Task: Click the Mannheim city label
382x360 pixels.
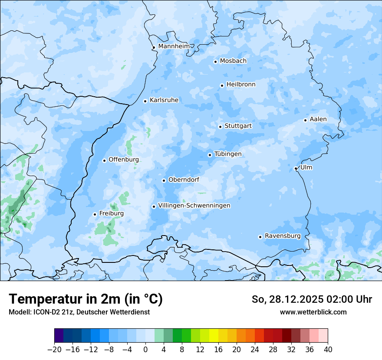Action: [x=174, y=46]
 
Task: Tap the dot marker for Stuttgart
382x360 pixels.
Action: [x=220, y=127]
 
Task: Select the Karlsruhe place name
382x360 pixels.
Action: [x=164, y=100]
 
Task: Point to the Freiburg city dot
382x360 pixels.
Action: [x=95, y=214]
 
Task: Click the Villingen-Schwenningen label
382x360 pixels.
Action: [x=194, y=206]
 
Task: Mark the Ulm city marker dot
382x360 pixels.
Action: [x=296, y=168]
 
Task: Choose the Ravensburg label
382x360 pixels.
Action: [x=283, y=236]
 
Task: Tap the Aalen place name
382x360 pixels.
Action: [x=318, y=119]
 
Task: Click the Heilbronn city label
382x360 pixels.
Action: [x=241, y=85]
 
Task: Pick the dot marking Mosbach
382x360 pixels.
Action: [x=215, y=62]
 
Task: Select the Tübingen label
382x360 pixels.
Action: [x=228, y=154]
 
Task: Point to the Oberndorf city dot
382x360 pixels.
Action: [x=164, y=180]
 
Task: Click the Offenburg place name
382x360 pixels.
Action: [x=124, y=160]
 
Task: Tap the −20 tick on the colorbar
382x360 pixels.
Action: [x=54, y=350]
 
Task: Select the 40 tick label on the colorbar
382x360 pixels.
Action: [x=328, y=350]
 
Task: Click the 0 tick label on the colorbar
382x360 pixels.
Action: [x=145, y=350]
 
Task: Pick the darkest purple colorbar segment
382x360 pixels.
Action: [x=59, y=336]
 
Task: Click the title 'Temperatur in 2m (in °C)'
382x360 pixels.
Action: [x=86, y=299]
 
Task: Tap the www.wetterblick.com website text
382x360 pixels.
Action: [x=313, y=312]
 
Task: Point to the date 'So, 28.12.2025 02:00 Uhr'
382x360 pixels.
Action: [x=312, y=299]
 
